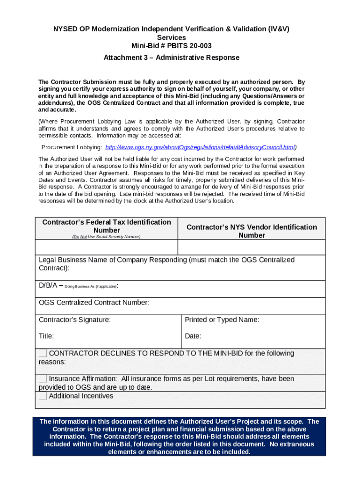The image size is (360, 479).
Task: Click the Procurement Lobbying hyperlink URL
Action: pyautogui.click(x=201, y=147)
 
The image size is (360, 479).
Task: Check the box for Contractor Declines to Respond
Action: pyautogui.click(x=43, y=353)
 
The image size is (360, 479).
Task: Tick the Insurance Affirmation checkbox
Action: pyautogui.click(x=43, y=379)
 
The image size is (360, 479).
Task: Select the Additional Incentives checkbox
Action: pyautogui.click(x=43, y=396)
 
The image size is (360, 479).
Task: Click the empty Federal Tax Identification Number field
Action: pyautogui.click(x=107, y=247)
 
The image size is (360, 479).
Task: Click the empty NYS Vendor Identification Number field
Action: pyautogui.click(x=252, y=247)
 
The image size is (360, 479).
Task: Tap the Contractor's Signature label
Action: pyautogui.click(x=75, y=320)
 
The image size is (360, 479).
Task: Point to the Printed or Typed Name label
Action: pyautogui.click(x=222, y=320)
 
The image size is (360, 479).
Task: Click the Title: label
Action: pyautogui.click(x=46, y=336)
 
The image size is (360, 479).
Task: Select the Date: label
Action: pyautogui.click(x=193, y=336)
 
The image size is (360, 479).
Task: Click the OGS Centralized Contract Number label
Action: pyautogui.click(x=94, y=303)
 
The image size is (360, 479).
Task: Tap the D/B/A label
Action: pyautogui.click(x=48, y=285)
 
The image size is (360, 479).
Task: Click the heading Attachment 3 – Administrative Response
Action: pyautogui.click(x=171, y=58)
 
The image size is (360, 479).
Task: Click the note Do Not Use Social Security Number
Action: pyautogui.click(x=106, y=237)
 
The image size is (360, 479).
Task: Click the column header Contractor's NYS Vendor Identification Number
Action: pyautogui.click(x=252, y=231)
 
